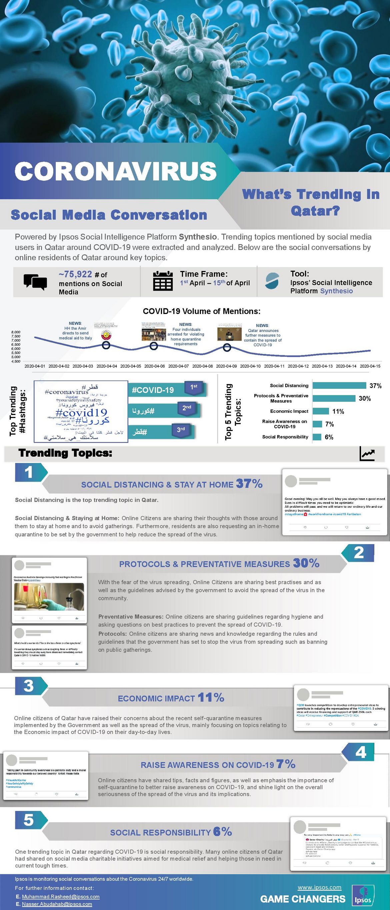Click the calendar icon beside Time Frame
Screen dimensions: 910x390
click(163, 281)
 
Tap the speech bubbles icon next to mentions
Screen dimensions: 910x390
click(35, 282)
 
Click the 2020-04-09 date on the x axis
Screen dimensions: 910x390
click(226, 366)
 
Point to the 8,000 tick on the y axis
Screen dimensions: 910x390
click(16, 332)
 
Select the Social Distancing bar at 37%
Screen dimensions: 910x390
click(339, 385)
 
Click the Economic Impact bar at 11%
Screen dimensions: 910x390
click(321, 411)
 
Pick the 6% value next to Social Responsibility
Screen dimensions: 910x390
click(329, 437)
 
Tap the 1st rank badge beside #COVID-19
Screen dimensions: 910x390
click(194, 387)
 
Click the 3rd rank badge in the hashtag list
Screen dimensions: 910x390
click(181, 430)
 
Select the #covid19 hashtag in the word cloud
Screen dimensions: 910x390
click(81, 412)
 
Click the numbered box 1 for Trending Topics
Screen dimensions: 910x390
click(29, 472)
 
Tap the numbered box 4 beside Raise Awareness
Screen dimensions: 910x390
click(360, 752)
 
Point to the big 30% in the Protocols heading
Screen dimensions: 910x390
click(306, 563)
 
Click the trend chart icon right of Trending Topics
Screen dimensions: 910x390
click(367, 454)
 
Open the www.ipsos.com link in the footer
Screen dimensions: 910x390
click(319, 887)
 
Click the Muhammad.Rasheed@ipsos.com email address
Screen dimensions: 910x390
click(60, 897)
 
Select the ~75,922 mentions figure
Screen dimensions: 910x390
click(75, 274)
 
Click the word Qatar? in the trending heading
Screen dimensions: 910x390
click(315, 211)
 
